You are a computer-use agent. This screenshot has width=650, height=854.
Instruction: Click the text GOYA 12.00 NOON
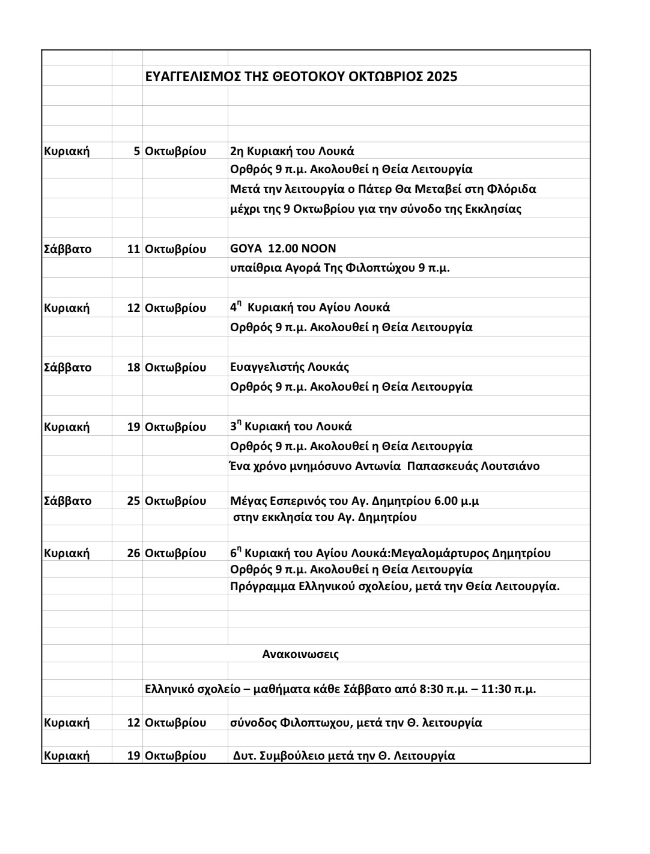(x=283, y=248)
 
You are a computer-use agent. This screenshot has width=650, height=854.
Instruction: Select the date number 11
(x=133, y=249)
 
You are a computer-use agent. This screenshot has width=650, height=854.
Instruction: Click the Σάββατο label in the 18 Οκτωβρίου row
(x=67, y=367)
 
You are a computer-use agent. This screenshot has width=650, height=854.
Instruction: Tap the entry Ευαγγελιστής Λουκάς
(x=289, y=367)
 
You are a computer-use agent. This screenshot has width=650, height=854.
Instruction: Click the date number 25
(x=133, y=501)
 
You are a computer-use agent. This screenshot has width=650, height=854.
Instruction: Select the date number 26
(x=133, y=553)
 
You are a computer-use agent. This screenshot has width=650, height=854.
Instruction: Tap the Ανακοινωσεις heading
(x=300, y=654)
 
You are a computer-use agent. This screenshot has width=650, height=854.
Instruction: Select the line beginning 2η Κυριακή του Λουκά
(x=292, y=151)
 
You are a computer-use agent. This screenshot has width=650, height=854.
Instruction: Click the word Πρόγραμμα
(x=263, y=586)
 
